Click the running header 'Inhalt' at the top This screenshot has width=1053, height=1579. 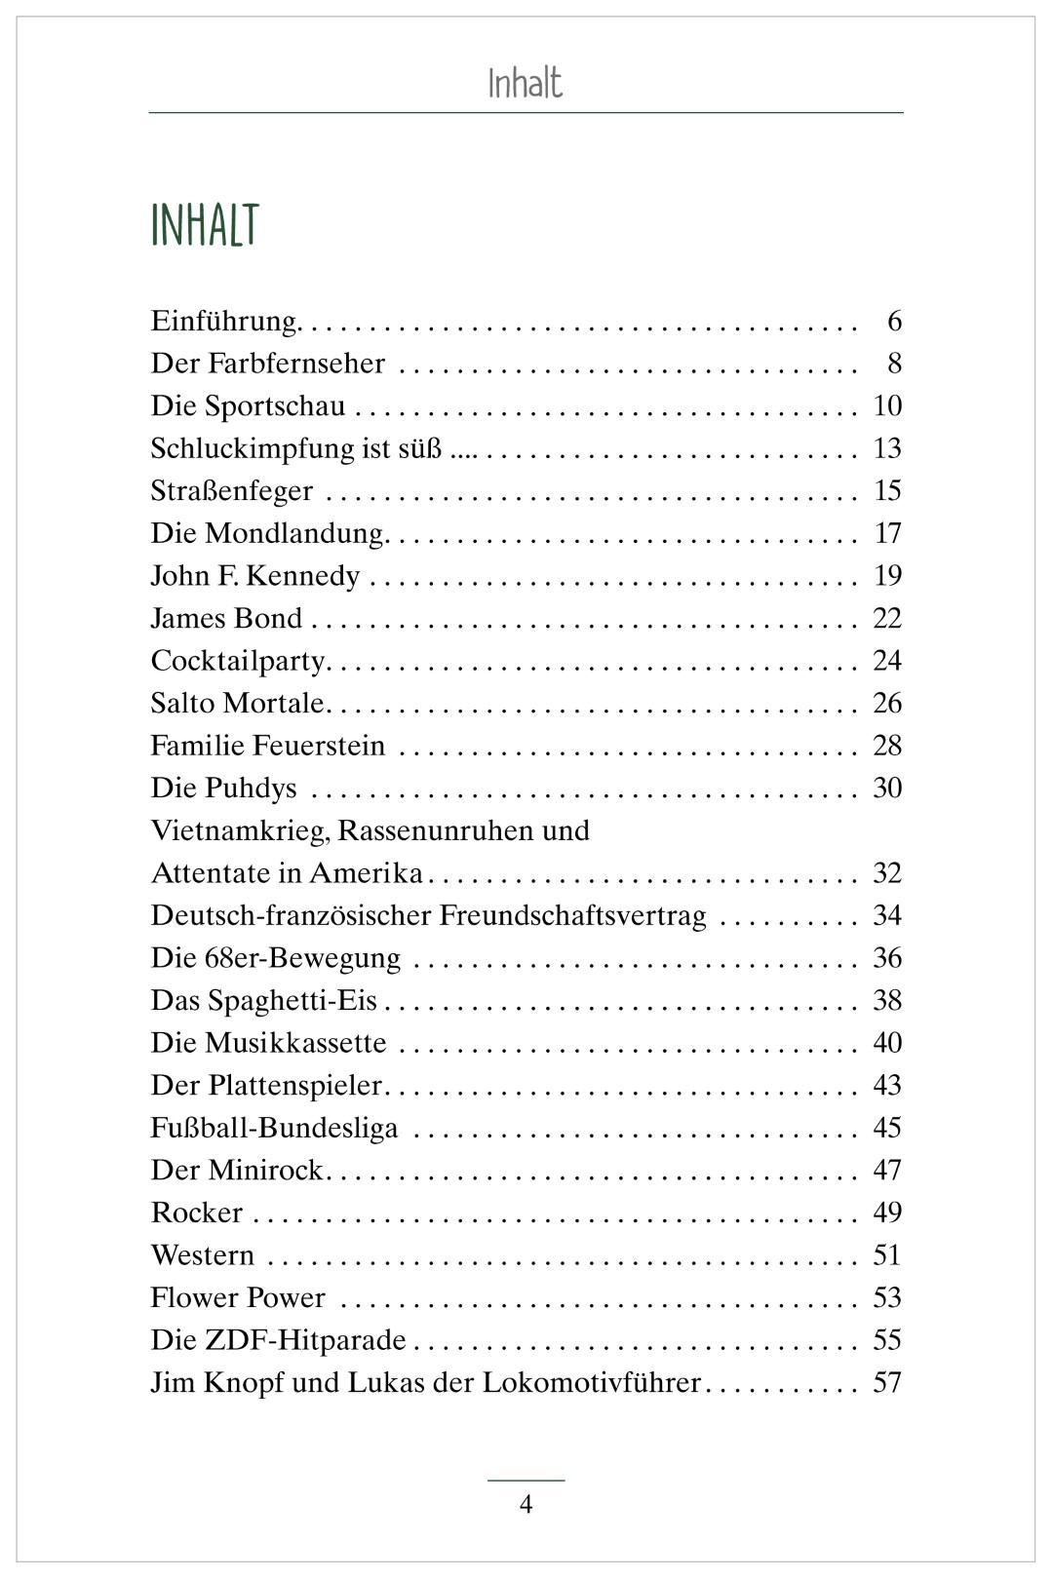tap(525, 84)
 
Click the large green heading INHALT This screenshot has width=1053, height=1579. tap(205, 225)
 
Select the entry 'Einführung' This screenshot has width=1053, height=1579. tap(223, 322)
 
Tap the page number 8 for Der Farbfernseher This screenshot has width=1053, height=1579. tap(894, 364)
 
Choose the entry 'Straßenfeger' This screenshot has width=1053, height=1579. tap(232, 490)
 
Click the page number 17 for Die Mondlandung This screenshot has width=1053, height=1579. tap(887, 533)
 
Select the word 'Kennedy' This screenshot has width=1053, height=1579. tap(302, 576)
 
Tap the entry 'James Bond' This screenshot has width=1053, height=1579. tap(226, 618)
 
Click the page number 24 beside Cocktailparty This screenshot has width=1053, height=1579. tap(887, 661)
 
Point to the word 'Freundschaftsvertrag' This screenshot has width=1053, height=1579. tap(572, 915)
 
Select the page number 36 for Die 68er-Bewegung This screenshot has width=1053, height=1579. tap(887, 958)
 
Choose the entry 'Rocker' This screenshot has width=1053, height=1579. tap(197, 1213)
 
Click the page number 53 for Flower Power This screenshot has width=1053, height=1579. tap(887, 1297)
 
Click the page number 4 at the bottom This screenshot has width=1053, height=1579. tap(526, 1505)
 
